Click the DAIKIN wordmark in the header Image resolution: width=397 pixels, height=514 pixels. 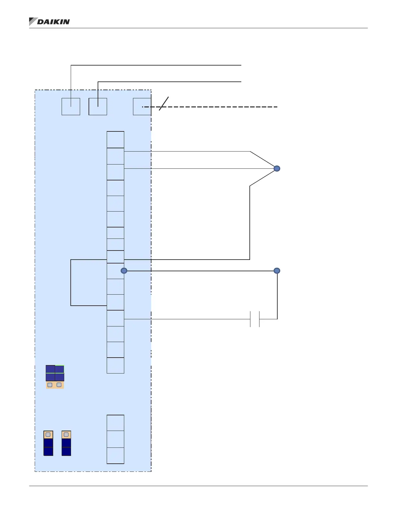(54, 22)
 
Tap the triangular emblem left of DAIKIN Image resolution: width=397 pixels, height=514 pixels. (32, 21)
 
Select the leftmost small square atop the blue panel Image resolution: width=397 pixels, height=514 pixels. (71, 106)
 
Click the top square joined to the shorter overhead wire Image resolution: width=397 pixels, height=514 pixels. (98, 106)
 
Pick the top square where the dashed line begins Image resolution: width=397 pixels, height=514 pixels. (142, 106)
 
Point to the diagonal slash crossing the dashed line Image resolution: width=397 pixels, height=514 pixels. (164, 104)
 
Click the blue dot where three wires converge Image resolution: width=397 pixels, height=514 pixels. (277, 168)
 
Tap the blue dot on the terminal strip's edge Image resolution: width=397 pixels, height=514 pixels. (124, 271)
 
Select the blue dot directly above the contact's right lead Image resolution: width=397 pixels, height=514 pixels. (277, 271)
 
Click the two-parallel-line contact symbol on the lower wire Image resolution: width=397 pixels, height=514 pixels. (255, 319)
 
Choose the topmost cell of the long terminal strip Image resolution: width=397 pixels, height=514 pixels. (115, 140)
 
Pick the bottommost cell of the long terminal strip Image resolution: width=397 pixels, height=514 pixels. (115, 365)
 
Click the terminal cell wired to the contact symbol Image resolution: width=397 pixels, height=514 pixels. (115, 318)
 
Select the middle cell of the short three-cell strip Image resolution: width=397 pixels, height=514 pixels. (115, 439)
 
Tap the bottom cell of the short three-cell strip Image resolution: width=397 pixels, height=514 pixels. (115, 456)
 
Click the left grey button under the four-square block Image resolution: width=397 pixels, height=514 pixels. (50, 385)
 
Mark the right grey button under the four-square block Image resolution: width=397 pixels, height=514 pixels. (59, 385)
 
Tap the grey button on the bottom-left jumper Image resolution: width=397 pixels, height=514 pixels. (48, 434)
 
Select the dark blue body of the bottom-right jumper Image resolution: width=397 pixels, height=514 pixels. (66, 447)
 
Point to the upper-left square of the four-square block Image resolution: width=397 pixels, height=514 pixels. (50, 369)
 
